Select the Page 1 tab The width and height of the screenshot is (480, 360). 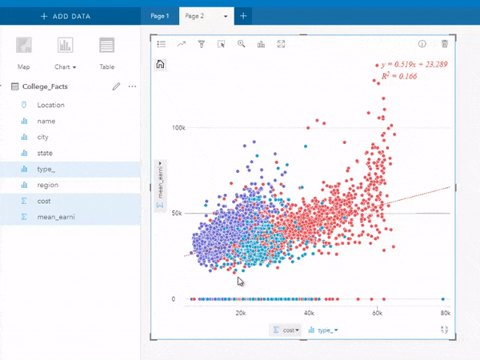tap(159, 16)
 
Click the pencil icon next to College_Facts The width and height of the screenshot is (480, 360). tap(116, 86)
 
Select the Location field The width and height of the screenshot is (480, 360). tap(50, 105)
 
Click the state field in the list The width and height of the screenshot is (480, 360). tap(45, 153)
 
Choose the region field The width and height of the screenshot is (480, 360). tap(47, 185)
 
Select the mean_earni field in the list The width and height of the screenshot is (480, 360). tap(56, 217)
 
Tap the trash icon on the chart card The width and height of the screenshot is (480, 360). tap(445, 45)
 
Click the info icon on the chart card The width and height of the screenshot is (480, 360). tap(422, 45)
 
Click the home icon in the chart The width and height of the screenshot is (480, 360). tap(161, 65)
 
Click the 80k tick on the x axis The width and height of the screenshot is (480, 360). tap(445, 314)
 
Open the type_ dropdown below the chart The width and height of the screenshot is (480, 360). tap(323, 330)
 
